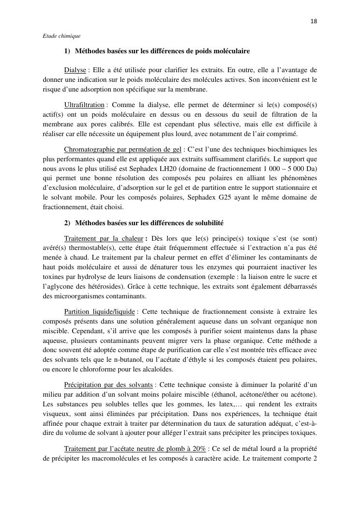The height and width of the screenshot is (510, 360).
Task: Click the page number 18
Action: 314,21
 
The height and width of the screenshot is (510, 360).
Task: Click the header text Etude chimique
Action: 61,36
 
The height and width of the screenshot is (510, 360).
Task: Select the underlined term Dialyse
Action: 75,70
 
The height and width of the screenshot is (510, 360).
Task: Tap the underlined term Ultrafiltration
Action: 84,105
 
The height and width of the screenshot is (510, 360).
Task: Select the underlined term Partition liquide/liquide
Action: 99,311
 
